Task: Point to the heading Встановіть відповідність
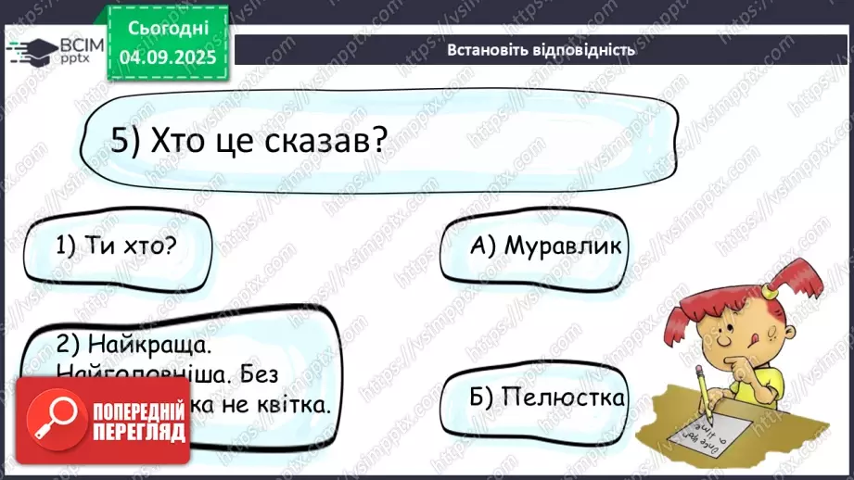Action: (x=541, y=50)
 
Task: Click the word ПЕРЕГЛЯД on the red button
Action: (x=138, y=434)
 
